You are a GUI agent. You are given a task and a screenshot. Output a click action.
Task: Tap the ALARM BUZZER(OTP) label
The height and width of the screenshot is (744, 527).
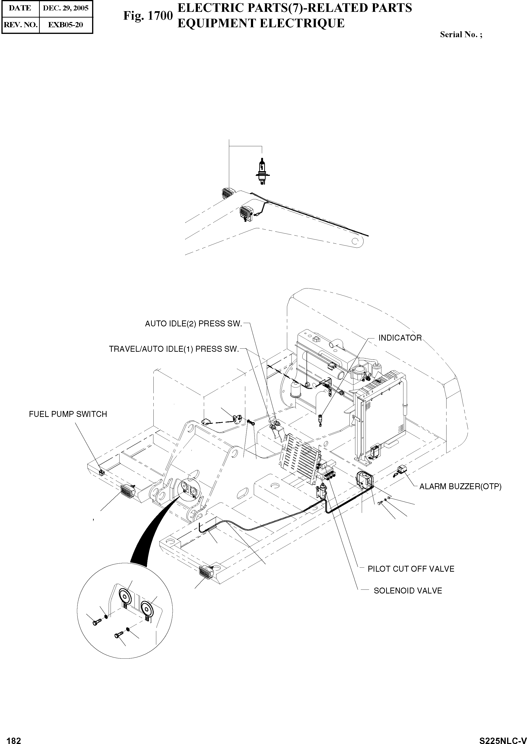[460, 486]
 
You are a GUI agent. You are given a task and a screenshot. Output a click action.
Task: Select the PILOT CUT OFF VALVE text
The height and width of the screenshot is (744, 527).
[411, 569]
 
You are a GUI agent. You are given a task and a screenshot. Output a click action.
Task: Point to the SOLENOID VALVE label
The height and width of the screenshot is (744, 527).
[408, 591]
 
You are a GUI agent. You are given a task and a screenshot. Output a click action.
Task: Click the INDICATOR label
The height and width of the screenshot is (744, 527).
[400, 338]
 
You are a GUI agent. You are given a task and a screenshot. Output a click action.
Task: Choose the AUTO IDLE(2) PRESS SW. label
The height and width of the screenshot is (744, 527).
[193, 324]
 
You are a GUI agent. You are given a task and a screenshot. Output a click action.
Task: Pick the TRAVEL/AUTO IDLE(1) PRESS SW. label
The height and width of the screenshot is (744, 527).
[174, 349]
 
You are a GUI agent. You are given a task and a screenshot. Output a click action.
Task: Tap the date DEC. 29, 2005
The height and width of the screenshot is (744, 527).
[66, 8]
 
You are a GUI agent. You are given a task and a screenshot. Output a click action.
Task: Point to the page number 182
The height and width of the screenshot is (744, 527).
[14, 738]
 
